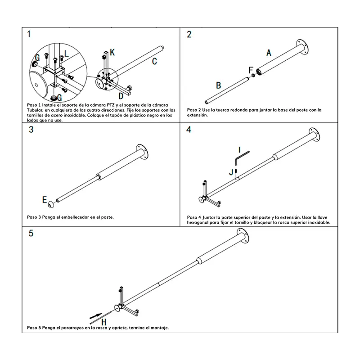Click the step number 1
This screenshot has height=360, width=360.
[29, 34]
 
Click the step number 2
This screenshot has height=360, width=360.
[189, 34]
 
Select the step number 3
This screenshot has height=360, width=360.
[31, 130]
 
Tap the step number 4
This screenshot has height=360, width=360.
[189, 130]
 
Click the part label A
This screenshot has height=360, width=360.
[269, 53]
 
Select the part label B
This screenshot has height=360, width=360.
[218, 85]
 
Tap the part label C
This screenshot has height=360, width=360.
[154, 61]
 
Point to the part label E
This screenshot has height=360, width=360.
[45, 198]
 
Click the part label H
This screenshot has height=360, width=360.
[103, 321]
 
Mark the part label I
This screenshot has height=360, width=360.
[240, 149]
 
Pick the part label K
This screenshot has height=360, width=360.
[112, 53]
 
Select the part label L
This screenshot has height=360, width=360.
[67, 54]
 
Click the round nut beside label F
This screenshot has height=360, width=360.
[253, 75]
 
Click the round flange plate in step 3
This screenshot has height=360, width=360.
[143, 153]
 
